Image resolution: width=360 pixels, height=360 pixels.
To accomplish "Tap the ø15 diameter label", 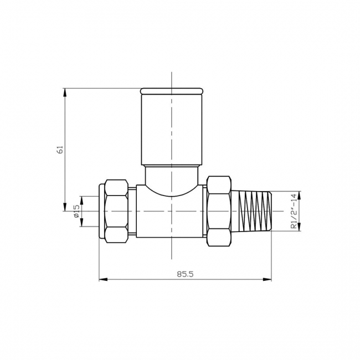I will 76,211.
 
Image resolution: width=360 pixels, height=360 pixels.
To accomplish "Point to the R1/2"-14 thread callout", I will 294,212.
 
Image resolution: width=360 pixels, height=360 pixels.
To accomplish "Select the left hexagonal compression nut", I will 116,211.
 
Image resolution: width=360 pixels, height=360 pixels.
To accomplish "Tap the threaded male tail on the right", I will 253,211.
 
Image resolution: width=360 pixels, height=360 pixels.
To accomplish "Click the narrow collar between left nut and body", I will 132,211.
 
